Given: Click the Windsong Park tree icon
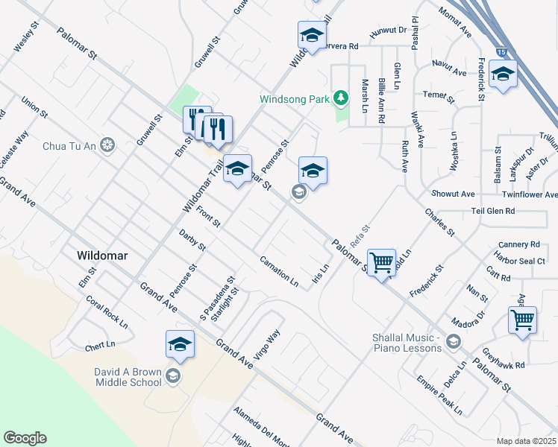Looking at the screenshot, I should (341, 98).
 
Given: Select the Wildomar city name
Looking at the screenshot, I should (102, 256).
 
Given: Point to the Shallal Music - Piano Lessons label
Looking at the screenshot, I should (408, 343).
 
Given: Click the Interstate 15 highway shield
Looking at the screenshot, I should (502, 52).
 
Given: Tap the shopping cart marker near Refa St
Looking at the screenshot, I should (381, 261).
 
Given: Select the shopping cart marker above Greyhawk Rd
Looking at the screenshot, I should (522, 320).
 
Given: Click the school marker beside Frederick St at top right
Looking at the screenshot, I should (504, 74).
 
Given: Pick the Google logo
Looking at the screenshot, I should (25, 438).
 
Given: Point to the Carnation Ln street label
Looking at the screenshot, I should (279, 273).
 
